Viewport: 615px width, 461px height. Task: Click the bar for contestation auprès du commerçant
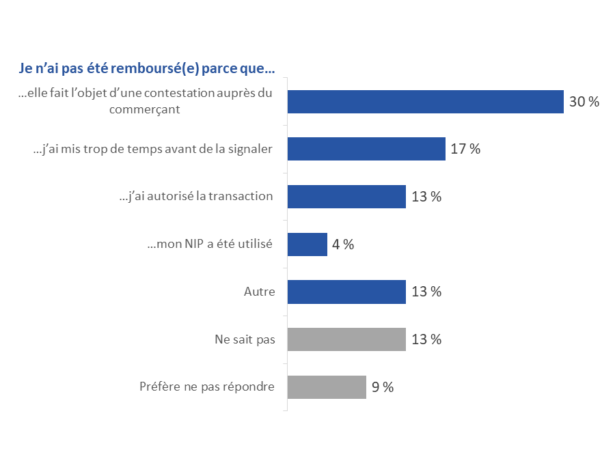(x=425, y=102)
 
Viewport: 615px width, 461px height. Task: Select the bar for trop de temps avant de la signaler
(x=366, y=149)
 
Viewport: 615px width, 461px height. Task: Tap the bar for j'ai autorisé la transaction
(x=346, y=197)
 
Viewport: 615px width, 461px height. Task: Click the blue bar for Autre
(x=346, y=292)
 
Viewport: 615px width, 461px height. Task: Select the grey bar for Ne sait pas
(x=346, y=339)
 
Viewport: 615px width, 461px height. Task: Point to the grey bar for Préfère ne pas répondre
(x=327, y=387)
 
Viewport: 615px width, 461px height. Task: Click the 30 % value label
(x=584, y=102)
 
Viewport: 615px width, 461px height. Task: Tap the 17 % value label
(x=465, y=149)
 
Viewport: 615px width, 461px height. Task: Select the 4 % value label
(x=342, y=244)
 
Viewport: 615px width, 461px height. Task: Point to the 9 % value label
(x=383, y=387)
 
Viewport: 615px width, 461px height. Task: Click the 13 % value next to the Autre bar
(x=426, y=292)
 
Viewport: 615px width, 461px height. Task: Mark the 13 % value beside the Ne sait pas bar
(x=426, y=339)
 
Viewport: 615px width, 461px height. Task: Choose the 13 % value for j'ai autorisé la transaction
(x=426, y=197)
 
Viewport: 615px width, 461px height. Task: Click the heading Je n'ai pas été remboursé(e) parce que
(x=146, y=69)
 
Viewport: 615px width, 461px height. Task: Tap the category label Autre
(x=259, y=292)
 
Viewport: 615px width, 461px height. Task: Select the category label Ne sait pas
(x=245, y=339)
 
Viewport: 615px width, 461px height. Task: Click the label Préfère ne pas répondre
(x=206, y=387)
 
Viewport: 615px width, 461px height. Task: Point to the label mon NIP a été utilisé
(x=210, y=244)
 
